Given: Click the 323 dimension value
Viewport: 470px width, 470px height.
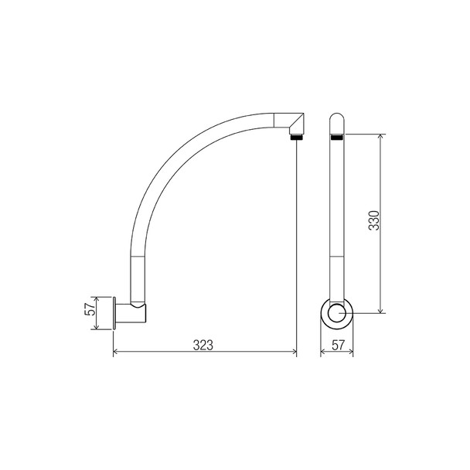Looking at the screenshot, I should point(203,344).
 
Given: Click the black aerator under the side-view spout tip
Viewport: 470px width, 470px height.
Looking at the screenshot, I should point(295,137).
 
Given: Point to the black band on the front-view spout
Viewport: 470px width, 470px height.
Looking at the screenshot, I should point(337,137).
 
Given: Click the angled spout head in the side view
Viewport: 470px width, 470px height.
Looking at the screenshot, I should point(292,123).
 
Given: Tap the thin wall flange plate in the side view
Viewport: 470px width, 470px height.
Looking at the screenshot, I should point(115,313).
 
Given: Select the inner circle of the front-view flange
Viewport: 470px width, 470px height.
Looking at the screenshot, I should point(337,314).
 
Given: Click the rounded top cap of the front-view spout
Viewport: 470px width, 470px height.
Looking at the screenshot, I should point(337,121).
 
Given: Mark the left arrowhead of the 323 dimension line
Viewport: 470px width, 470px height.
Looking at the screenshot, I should point(117,353).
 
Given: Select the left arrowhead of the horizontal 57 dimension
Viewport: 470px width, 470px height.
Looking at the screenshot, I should point(323,353).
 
